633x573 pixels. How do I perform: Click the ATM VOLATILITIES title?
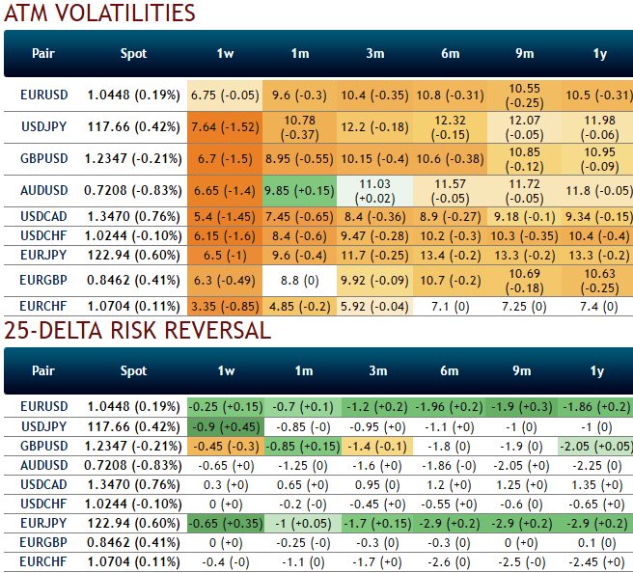[100, 14]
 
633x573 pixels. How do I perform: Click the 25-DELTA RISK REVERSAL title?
[137, 329]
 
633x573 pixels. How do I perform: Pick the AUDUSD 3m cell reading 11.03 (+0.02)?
[374, 191]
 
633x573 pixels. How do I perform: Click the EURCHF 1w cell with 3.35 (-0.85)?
[224, 306]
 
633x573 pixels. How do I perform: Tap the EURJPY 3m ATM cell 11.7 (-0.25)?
[374, 255]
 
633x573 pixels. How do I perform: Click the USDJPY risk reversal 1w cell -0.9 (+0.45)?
[224, 425]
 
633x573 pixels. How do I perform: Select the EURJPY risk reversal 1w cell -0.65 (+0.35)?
[224, 522]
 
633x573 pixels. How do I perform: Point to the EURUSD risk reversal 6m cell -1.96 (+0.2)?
[450, 406]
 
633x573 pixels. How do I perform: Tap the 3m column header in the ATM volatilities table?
[374, 53]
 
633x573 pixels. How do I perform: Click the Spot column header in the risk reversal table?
[133, 370]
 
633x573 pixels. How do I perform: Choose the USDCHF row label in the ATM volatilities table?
[44, 236]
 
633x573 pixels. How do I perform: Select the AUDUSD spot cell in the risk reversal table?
[133, 464]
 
